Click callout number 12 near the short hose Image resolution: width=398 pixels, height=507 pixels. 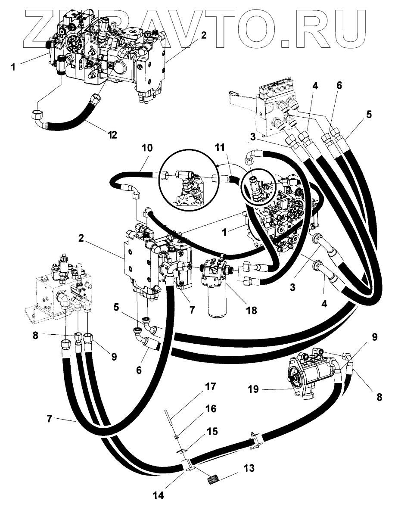pos(112,135)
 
